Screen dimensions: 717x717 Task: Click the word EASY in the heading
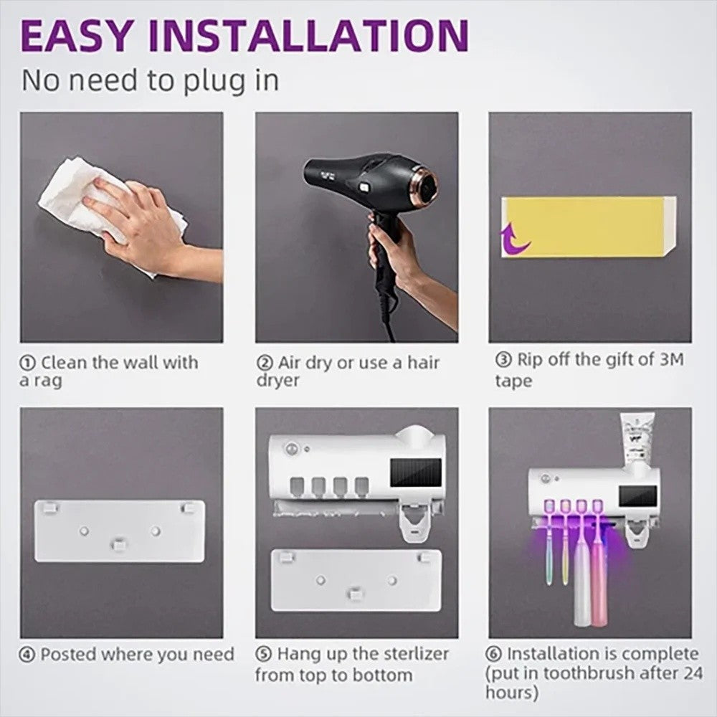click(76, 36)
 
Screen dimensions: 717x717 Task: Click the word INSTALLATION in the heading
click(308, 36)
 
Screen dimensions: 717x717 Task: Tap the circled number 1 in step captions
click(27, 363)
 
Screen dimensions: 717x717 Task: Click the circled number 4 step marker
click(27, 655)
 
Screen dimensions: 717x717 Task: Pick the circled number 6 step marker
click(494, 654)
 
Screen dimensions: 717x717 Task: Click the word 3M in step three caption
click(671, 359)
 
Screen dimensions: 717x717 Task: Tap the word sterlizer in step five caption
click(417, 654)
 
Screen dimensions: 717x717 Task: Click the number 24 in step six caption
click(693, 673)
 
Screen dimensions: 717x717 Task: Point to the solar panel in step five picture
click(416, 474)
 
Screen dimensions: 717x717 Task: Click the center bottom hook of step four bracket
click(120, 544)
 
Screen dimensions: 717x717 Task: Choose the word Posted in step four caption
click(68, 655)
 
